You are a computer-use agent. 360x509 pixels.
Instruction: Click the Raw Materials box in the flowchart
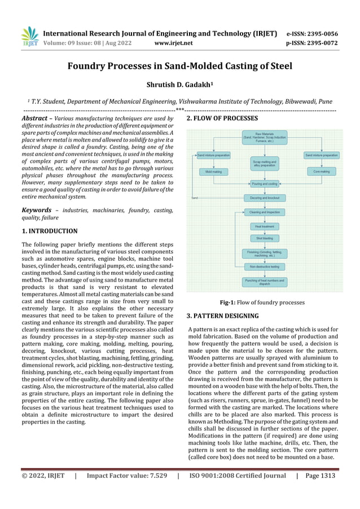point(264,136)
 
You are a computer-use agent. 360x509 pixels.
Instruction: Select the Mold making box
point(213,171)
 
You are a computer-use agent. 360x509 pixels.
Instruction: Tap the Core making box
point(321,171)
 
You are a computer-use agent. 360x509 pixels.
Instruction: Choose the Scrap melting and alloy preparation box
point(264,163)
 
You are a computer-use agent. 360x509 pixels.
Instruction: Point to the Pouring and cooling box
point(264,184)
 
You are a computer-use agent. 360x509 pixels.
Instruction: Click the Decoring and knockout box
point(264,198)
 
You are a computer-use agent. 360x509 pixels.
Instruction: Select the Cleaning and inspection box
point(264,212)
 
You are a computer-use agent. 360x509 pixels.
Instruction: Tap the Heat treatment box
point(264,226)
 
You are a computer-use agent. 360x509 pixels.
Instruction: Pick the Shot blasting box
point(264,239)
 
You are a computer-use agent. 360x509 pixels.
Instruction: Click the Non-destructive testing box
point(264,266)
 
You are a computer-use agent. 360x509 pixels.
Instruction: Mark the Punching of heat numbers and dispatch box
point(264,282)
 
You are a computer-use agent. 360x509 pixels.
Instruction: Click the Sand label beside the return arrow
point(194,198)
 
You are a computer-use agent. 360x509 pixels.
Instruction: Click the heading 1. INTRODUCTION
point(49,231)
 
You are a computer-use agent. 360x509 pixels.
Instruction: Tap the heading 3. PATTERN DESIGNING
point(222,316)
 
